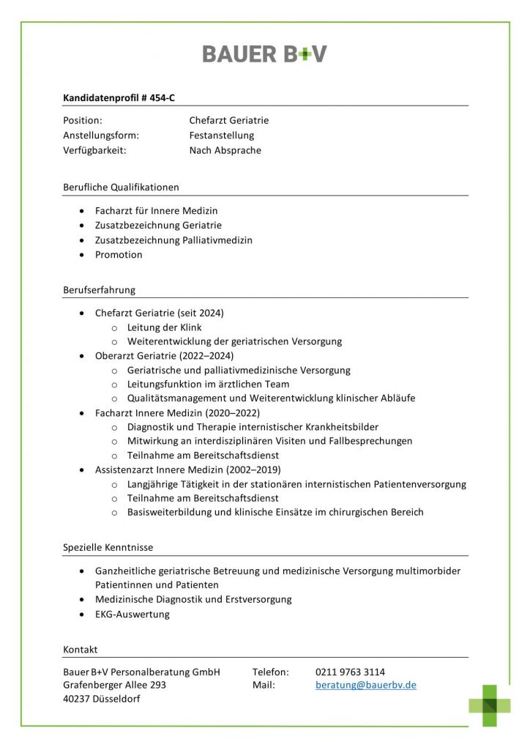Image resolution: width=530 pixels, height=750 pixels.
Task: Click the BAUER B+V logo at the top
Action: pos(264,53)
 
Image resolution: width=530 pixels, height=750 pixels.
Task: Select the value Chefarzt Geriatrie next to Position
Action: pos(228,120)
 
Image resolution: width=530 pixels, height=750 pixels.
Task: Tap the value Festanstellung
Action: pos(221,135)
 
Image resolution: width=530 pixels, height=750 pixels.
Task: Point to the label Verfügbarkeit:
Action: pos(94,151)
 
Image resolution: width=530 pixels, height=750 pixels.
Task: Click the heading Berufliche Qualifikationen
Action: pos(121,187)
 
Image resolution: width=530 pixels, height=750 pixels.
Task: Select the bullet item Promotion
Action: pos(119,255)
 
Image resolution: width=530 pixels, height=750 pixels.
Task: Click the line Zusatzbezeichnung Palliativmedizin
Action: pos(173,240)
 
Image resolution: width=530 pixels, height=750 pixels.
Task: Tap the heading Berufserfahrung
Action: pos(99,289)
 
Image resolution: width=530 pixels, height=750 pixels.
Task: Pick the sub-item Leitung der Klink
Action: pos(164,327)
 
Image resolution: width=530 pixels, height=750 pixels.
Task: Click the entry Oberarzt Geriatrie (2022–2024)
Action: pos(164,356)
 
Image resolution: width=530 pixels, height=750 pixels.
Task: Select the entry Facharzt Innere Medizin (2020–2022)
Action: pos(177,413)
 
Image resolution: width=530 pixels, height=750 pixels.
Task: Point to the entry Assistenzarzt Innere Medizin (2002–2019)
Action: pos(187,469)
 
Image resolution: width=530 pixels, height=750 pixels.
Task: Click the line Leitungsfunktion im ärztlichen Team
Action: pos(208,385)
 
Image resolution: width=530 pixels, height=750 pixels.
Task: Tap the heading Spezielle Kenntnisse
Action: pos(108,547)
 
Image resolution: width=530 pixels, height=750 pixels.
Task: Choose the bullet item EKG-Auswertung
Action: pos(132,615)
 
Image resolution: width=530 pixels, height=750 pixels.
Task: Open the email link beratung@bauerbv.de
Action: pos(366,685)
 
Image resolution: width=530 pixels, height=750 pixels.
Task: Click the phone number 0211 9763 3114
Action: pos(350,672)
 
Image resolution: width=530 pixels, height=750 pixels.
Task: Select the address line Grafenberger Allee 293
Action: pos(114,685)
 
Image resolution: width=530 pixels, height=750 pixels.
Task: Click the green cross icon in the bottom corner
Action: pos(490,705)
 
